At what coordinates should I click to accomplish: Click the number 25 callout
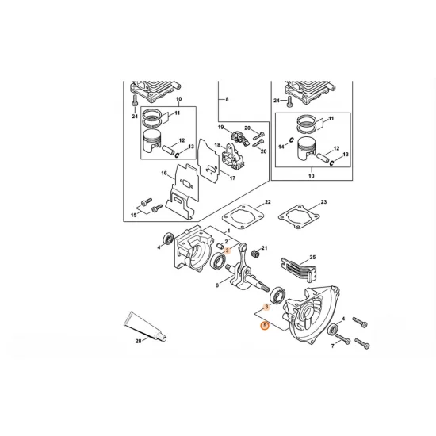click(312, 258)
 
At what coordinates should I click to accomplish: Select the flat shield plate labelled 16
click(184, 189)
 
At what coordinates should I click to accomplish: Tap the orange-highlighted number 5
click(265, 324)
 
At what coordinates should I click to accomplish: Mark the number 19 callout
click(221, 127)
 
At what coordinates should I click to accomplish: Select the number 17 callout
click(232, 178)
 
